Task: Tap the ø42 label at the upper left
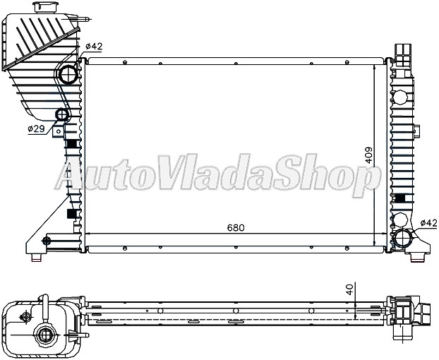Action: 94,47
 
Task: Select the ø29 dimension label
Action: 37,129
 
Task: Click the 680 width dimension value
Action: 236,229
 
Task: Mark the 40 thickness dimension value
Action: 349,290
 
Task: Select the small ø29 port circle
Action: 61,115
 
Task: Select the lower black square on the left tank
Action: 71,214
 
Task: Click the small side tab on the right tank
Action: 418,130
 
